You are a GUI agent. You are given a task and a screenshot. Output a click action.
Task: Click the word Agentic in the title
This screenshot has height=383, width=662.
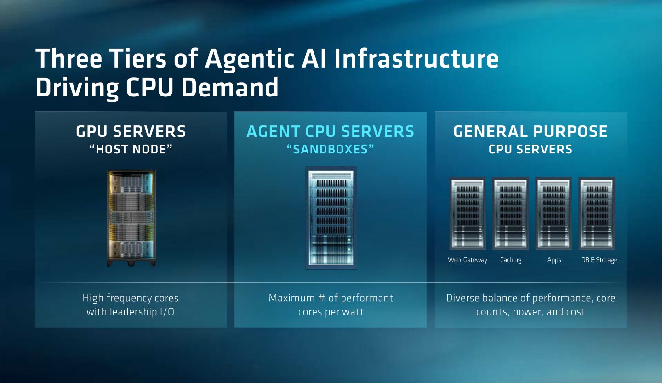(250, 59)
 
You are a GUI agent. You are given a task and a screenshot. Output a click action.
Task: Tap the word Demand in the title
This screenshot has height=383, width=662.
(230, 87)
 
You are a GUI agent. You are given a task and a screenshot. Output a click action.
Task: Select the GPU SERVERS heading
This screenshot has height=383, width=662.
(131, 131)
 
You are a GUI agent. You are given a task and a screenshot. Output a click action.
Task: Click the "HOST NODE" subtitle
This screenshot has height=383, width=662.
(131, 149)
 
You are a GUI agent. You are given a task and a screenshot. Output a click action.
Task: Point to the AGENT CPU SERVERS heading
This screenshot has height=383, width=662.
(331, 131)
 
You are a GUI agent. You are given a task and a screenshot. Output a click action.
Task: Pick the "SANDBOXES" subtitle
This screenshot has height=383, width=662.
(331, 149)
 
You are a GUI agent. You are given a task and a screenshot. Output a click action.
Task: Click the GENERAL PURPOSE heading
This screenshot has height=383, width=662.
(531, 131)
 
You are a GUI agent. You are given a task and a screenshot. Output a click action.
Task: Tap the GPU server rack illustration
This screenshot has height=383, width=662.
(131, 218)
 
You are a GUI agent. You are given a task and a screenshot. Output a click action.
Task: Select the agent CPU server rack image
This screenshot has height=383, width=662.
(331, 218)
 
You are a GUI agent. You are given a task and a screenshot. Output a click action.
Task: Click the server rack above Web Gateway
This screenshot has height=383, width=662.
(468, 213)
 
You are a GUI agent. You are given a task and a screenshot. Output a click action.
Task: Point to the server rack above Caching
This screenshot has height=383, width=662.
(511, 213)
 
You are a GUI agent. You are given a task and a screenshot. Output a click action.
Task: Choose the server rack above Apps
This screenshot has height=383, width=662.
(554, 213)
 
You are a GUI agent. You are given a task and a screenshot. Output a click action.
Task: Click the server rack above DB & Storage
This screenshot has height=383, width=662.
(597, 213)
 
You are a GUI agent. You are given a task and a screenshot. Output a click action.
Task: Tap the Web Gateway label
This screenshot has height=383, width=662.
(468, 260)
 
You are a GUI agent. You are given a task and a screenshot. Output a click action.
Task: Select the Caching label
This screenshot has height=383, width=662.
(511, 260)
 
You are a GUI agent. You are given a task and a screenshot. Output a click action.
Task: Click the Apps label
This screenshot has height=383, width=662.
(554, 260)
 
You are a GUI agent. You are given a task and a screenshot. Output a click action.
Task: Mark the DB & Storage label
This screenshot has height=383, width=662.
(599, 260)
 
